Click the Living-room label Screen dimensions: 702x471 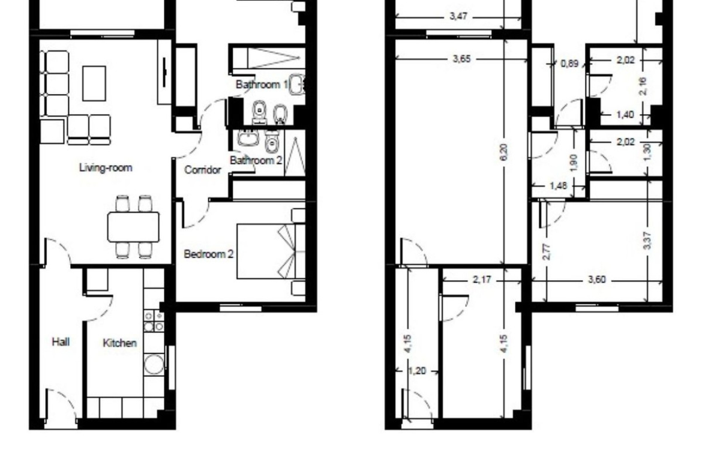click(x=106, y=168)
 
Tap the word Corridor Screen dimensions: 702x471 click(x=203, y=170)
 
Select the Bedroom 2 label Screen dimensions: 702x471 click(x=209, y=254)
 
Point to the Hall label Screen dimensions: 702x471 click(x=61, y=342)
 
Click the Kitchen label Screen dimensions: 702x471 click(x=119, y=343)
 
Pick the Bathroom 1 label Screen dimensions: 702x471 click(x=262, y=84)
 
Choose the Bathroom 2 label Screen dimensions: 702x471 click(x=256, y=160)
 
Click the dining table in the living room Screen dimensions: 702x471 click(x=133, y=227)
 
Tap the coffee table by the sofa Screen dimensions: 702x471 click(x=94, y=84)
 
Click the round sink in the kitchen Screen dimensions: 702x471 click(x=154, y=364)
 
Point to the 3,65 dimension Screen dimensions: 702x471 click(x=462, y=59)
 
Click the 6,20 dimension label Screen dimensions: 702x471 click(x=504, y=152)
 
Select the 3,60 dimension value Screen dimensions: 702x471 click(x=597, y=280)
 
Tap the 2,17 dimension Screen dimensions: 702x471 click(x=482, y=280)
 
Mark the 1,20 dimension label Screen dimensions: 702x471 click(x=417, y=371)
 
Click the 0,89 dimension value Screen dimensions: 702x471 click(x=569, y=64)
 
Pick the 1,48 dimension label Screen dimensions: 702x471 click(x=558, y=185)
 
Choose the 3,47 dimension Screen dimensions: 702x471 click(x=458, y=17)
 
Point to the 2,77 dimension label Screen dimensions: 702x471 click(x=546, y=251)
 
